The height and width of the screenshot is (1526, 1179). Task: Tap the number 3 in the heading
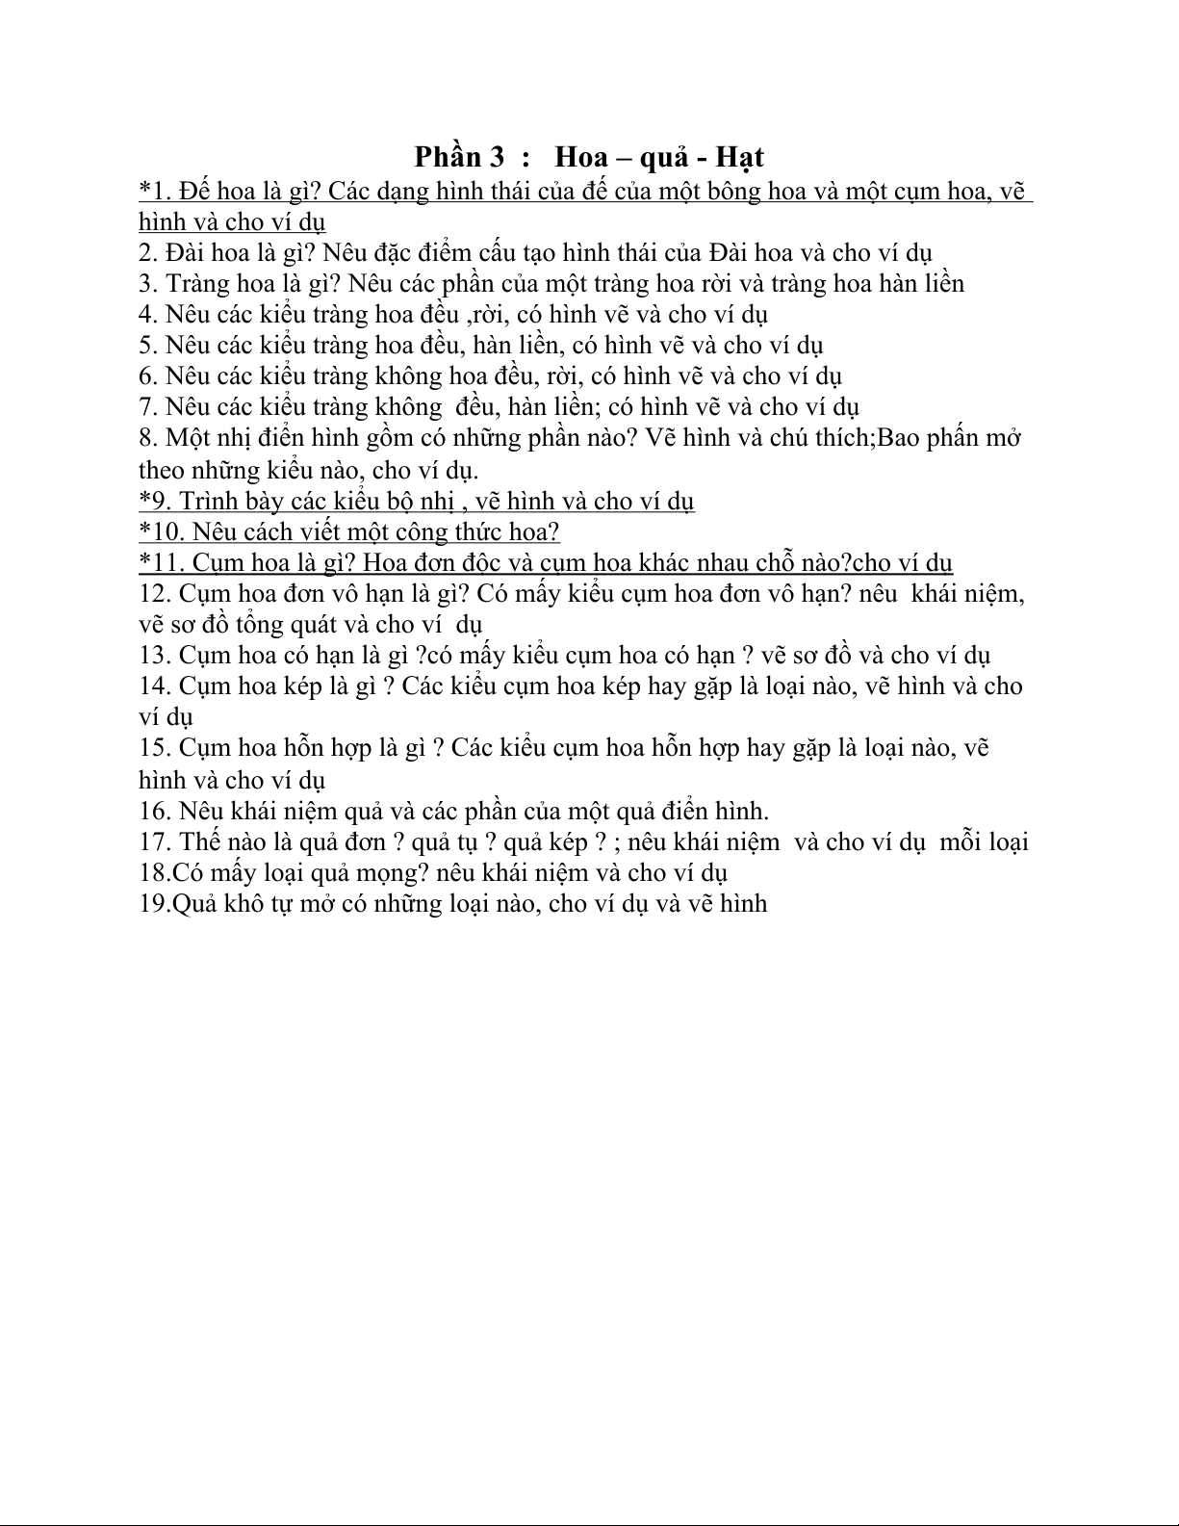pos(497,156)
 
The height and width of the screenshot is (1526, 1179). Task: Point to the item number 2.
pos(145,252)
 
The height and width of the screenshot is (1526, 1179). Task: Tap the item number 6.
pos(145,375)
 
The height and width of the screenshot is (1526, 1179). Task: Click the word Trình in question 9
pos(207,501)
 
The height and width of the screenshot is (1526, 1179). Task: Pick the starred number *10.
pos(160,531)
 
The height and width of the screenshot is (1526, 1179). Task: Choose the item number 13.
pos(153,655)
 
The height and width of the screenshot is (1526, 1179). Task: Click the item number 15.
pos(153,747)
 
